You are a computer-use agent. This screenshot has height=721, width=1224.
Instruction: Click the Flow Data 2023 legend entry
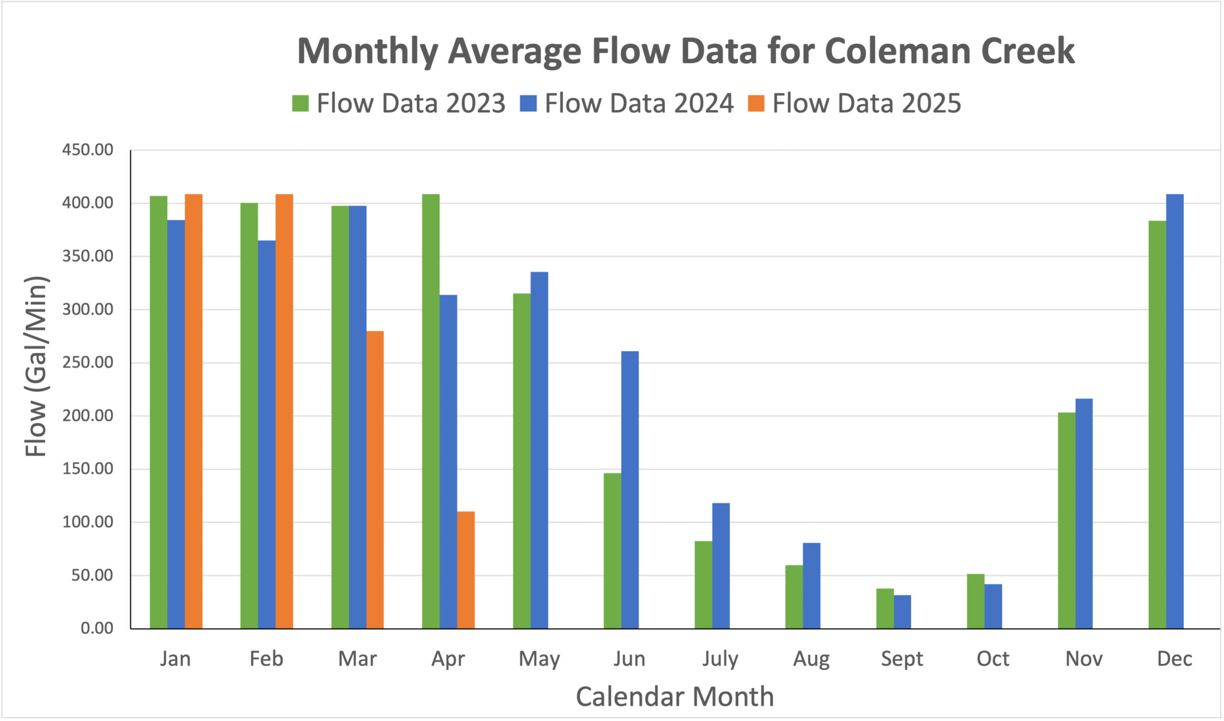tap(399, 104)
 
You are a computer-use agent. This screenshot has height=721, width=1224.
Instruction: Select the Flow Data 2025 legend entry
tap(854, 104)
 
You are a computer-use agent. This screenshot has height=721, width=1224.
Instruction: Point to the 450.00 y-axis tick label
tap(87, 150)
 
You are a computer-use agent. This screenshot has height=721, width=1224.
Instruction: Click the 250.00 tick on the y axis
tap(87, 363)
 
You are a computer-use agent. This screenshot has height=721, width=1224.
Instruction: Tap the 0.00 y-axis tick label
tap(97, 628)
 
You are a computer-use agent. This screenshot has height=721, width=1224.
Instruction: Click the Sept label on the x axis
tap(902, 659)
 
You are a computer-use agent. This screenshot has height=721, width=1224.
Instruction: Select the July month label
tap(720, 659)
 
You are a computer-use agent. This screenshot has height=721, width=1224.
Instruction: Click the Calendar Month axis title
tap(675, 697)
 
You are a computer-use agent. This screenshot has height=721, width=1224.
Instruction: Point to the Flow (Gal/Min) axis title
tap(35, 366)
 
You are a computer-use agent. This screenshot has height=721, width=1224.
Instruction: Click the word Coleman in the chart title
tap(898, 51)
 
